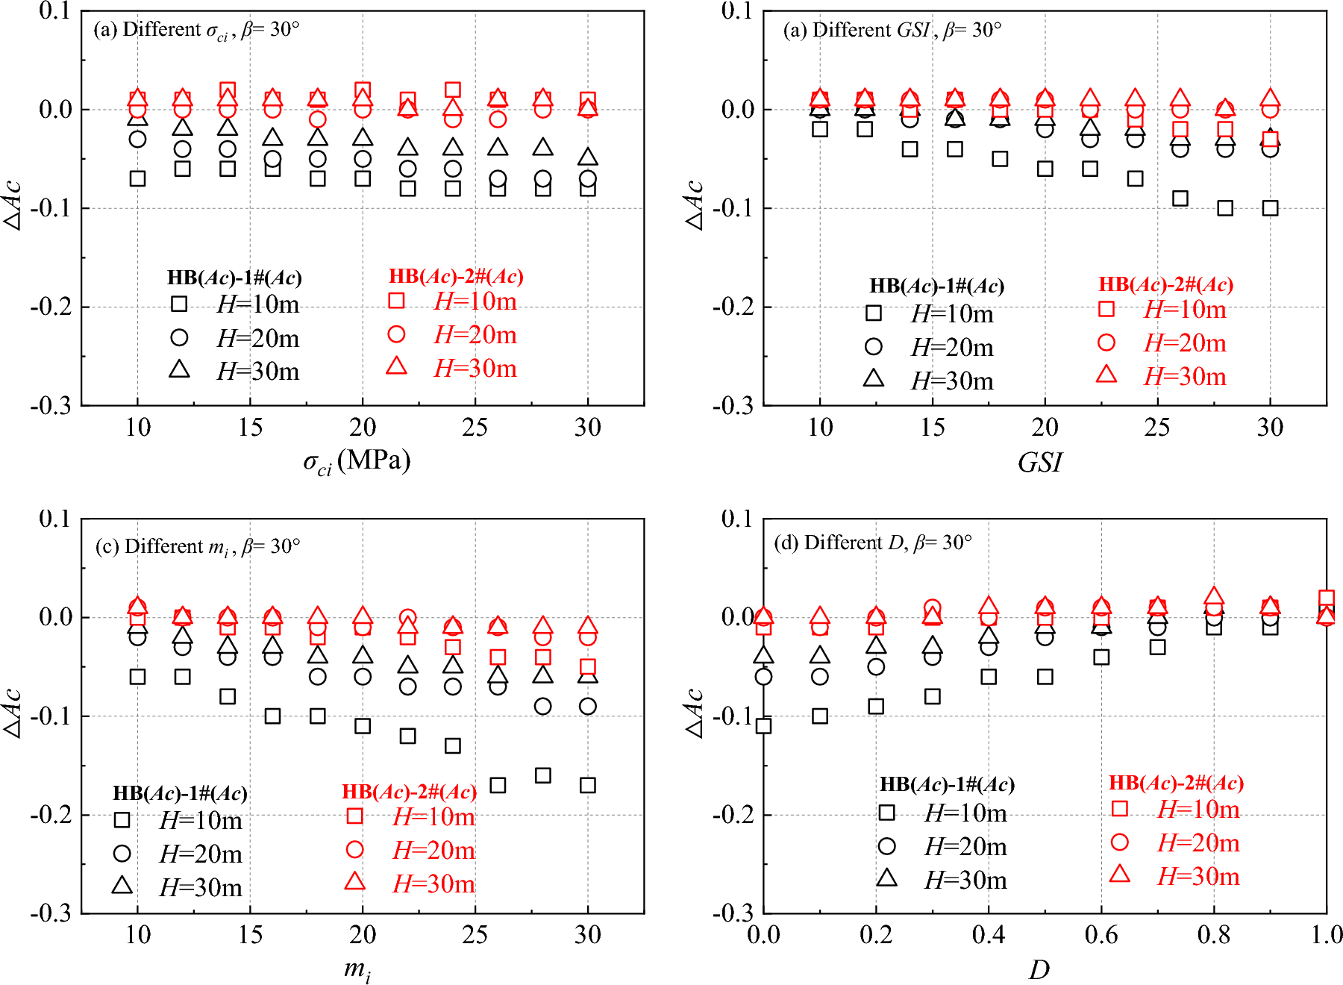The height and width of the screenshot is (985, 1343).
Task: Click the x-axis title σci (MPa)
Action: (357, 462)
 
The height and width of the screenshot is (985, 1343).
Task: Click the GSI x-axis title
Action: (1039, 463)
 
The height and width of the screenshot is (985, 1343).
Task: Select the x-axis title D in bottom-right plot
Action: (1039, 969)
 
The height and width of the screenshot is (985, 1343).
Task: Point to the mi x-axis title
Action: (357, 969)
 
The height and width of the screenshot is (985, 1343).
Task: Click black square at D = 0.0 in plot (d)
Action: (763, 725)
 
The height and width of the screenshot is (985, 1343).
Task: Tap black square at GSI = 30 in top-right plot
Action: (1270, 208)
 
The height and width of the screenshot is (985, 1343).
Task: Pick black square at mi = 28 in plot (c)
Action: (543, 775)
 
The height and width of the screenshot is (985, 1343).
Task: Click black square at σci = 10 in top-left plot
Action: (137, 178)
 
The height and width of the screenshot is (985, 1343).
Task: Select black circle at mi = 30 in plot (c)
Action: (588, 706)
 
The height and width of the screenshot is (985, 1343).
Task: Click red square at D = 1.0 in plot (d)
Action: (1326, 598)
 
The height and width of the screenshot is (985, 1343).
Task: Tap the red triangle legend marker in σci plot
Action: (396, 366)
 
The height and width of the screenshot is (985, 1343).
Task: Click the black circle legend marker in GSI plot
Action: (873, 346)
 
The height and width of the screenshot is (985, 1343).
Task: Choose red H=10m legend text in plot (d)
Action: (1198, 809)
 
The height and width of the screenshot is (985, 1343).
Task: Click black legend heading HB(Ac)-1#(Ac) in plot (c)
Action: (180, 792)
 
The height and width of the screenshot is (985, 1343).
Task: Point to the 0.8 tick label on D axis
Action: (1213, 934)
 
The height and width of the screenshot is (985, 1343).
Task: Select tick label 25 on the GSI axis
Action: (1156, 428)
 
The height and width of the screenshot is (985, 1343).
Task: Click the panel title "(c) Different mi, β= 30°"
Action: (198, 547)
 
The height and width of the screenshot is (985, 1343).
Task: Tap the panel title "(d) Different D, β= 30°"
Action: (873, 542)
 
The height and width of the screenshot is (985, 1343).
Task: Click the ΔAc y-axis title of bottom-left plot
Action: (13, 713)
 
